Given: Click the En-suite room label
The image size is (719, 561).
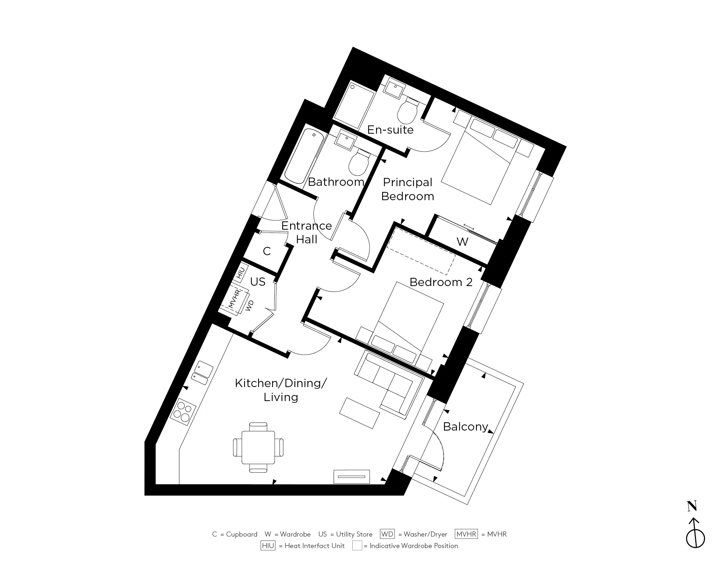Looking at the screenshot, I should click(390, 130).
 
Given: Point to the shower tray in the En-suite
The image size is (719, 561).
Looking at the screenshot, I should click(354, 105).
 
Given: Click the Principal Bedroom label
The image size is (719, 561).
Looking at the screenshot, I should click(408, 189).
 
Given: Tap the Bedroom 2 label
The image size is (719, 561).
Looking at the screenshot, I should click(441, 282).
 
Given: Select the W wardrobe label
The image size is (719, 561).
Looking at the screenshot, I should click(462, 242).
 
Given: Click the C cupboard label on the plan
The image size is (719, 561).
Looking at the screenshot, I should click(267, 251).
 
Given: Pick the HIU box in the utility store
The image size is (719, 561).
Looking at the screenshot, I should click(241, 273).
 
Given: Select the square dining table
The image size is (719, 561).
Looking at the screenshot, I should click(258, 447).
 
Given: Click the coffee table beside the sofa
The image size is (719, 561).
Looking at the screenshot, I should click(359, 413).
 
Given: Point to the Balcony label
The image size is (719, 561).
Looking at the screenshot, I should click(466, 427).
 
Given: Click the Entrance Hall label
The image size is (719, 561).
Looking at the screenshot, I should click(306, 233).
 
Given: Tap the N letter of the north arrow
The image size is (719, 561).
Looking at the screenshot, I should click(692, 506).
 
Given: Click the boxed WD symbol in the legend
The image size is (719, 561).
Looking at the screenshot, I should click(387, 534).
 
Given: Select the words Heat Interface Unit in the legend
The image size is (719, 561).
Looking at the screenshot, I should click(315, 546).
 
